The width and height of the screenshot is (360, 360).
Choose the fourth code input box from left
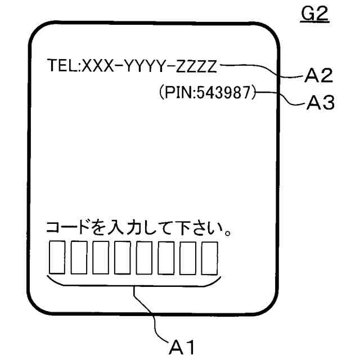[x=121, y=257]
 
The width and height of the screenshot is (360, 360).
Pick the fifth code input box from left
[x=143, y=257]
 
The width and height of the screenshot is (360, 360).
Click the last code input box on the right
[x=209, y=257]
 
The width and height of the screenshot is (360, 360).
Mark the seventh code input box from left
[x=187, y=257]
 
